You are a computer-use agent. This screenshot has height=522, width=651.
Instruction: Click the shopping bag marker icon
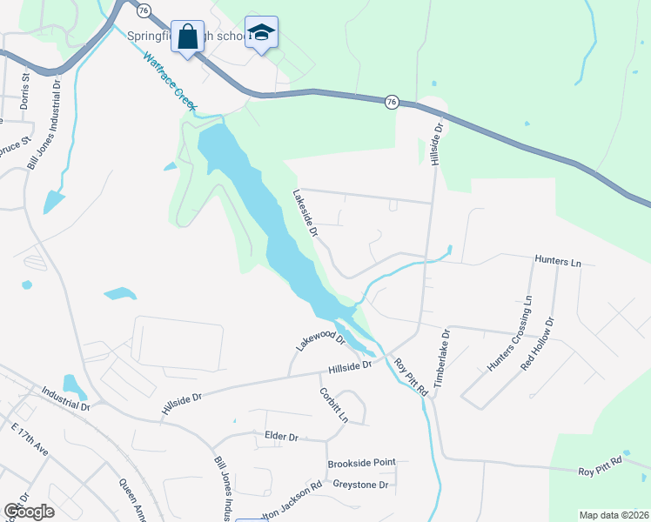tap(187, 37)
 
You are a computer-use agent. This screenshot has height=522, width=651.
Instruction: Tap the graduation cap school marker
tap(261, 33)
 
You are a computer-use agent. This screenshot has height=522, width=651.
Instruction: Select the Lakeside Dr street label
tap(306, 213)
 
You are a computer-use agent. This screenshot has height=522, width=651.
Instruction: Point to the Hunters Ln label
tap(556, 261)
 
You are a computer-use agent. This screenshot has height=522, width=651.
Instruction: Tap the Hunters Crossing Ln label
tap(510, 335)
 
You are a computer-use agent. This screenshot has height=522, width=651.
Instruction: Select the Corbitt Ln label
tap(333, 405)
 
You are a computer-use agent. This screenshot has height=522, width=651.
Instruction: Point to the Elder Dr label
tap(281, 436)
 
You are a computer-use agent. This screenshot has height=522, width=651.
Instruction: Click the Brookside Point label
tap(361, 463)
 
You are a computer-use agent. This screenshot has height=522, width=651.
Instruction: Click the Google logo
tap(29, 512)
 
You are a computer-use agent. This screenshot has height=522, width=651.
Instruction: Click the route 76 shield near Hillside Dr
tap(392, 102)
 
